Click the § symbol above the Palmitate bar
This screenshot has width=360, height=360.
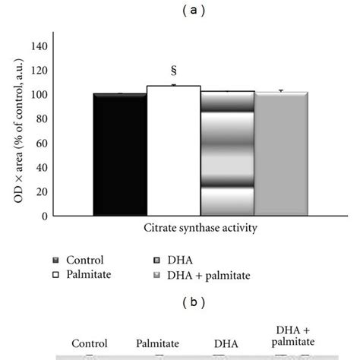point(173,71)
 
